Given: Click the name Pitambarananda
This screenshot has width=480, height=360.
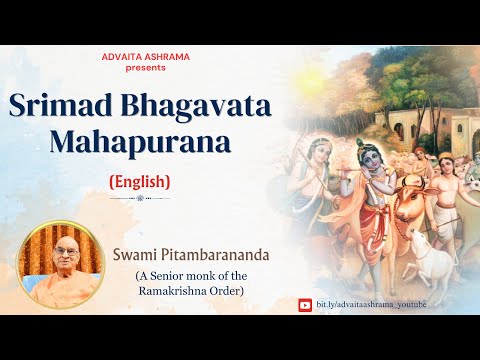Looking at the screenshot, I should pyautogui.click(x=232, y=241).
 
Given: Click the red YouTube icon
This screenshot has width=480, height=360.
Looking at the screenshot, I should pyautogui.click(x=305, y=304).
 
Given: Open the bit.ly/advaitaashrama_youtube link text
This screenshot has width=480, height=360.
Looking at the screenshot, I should pyautogui.click(x=369, y=304).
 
